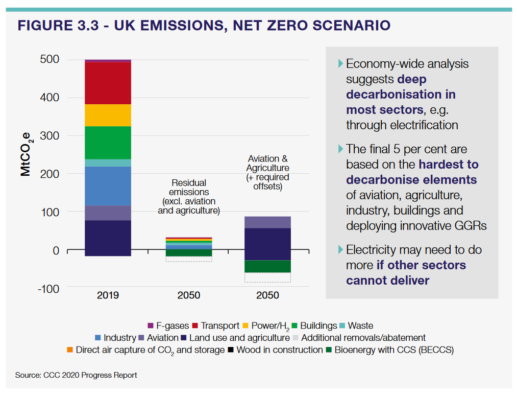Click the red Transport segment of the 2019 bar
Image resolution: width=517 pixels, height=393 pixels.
click(x=108, y=83)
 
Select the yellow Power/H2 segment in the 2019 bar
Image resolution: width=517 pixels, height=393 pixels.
click(x=108, y=115)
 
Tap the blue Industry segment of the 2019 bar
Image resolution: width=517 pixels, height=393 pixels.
click(x=108, y=186)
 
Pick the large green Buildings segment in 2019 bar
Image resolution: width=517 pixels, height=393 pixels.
click(x=108, y=142)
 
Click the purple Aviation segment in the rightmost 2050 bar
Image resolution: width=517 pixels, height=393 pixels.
click(x=267, y=222)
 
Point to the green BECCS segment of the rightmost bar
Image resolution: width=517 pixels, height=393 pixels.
click(x=267, y=266)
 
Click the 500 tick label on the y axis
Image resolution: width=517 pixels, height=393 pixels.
click(x=50, y=59)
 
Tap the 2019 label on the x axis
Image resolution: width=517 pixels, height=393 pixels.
click(x=108, y=295)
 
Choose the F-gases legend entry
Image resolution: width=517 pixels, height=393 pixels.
click(x=168, y=326)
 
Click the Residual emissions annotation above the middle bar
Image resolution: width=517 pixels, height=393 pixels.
click(x=188, y=196)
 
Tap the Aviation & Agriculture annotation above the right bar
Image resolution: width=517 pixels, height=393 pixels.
click(x=267, y=172)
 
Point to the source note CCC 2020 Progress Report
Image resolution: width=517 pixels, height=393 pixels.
click(x=76, y=375)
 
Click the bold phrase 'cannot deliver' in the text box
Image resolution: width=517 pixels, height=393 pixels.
click(x=387, y=280)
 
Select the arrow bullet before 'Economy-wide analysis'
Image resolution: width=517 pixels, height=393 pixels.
click(x=340, y=63)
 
